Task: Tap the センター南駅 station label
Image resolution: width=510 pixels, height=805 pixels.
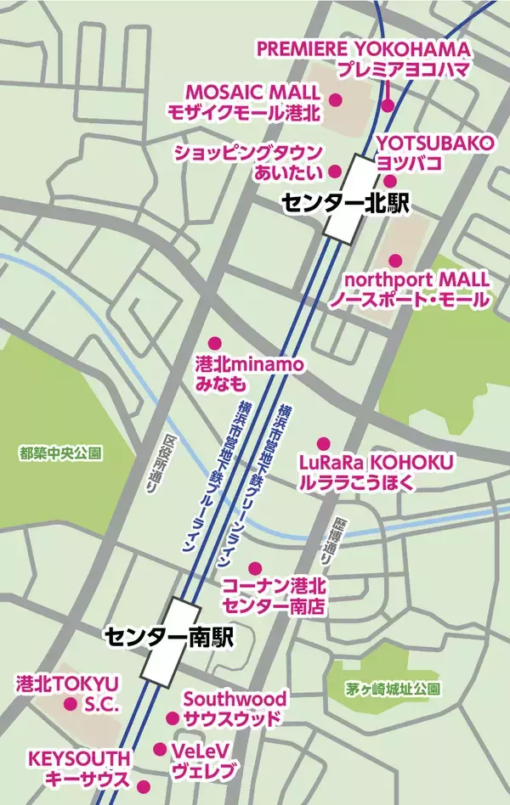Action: (169, 634)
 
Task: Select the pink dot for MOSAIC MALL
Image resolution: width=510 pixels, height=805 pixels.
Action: (335, 101)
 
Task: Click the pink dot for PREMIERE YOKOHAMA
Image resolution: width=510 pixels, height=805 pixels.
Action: (388, 106)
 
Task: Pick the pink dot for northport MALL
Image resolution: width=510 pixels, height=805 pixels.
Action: (394, 260)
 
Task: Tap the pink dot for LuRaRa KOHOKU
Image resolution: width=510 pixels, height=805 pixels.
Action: (323, 443)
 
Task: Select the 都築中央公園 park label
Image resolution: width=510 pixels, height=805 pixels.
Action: (60, 454)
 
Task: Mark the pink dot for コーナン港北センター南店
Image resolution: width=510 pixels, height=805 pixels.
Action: (253, 568)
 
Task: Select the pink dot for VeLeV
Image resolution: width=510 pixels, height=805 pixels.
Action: (160, 749)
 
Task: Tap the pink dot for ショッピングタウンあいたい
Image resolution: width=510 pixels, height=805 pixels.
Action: (335, 170)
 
